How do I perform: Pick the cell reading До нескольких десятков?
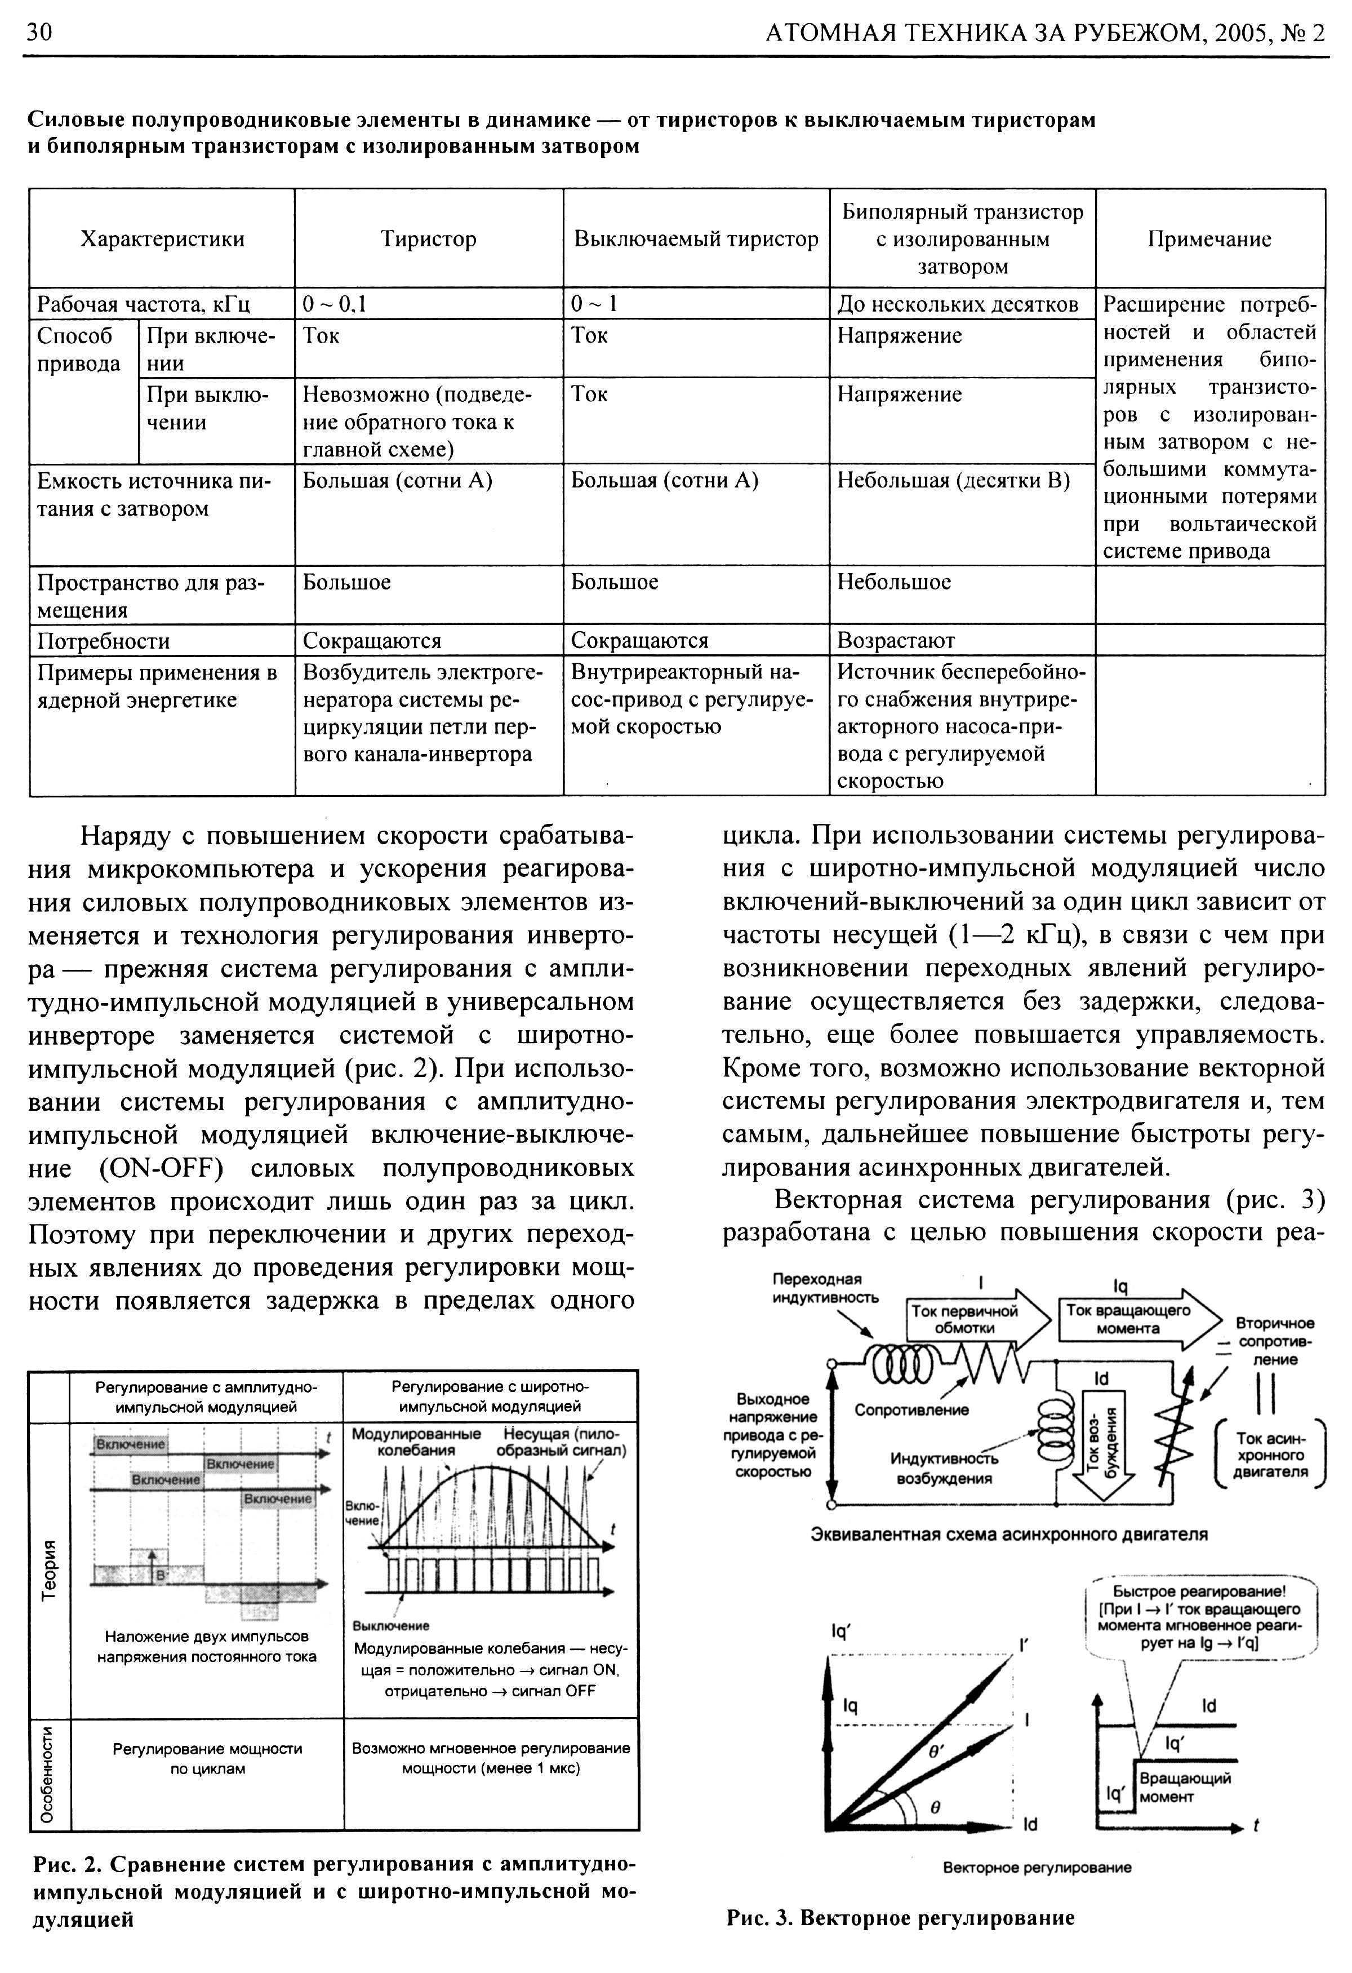[x=957, y=304]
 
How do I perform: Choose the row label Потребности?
[x=104, y=641]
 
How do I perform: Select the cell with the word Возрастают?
[x=895, y=640]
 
